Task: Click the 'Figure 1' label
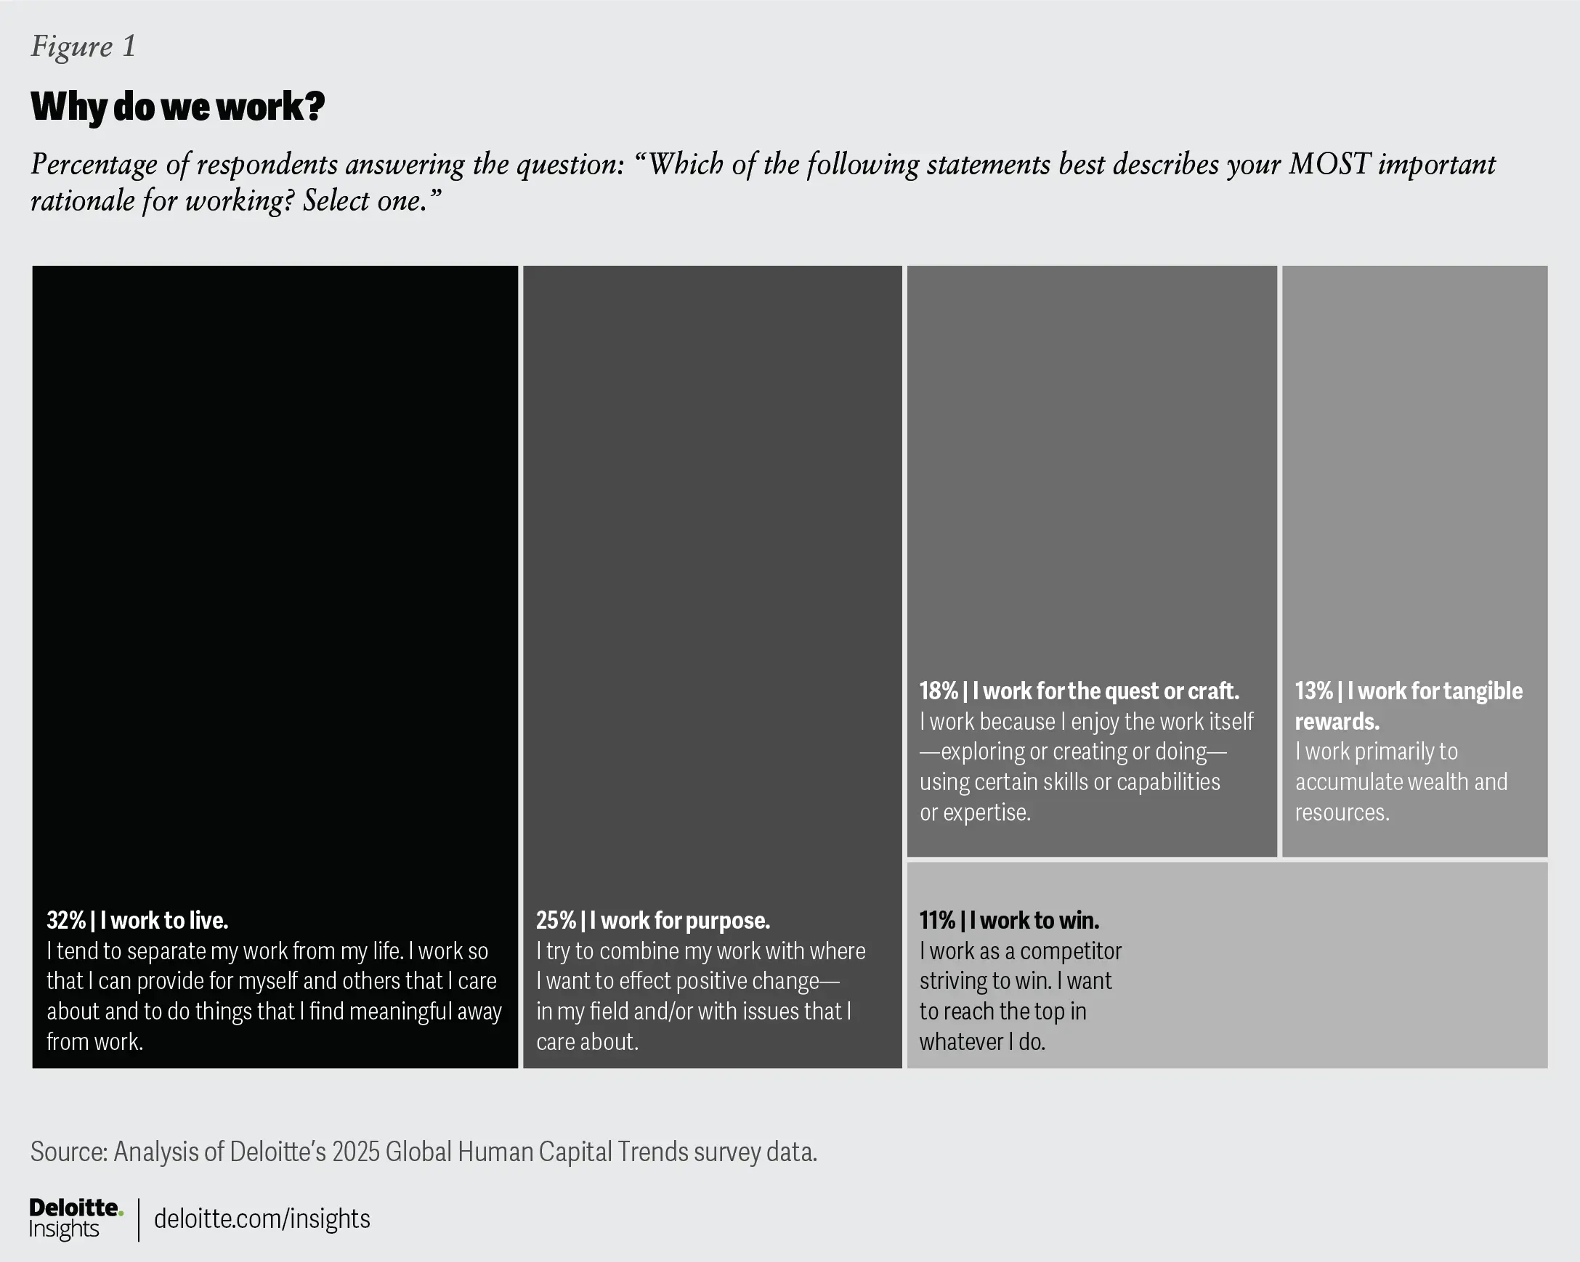(83, 46)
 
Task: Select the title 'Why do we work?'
(177, 107)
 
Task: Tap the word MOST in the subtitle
(1329, 164)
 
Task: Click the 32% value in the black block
(66, 920)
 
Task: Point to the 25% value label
(556, 920)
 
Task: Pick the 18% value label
(939, 691)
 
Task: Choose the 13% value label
(1313, 691)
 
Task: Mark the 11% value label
(937, 920)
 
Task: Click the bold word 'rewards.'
(1337, 722)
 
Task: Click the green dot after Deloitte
(121, 1213)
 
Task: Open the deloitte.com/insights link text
(262, 1218)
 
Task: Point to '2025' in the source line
(355, 1152)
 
